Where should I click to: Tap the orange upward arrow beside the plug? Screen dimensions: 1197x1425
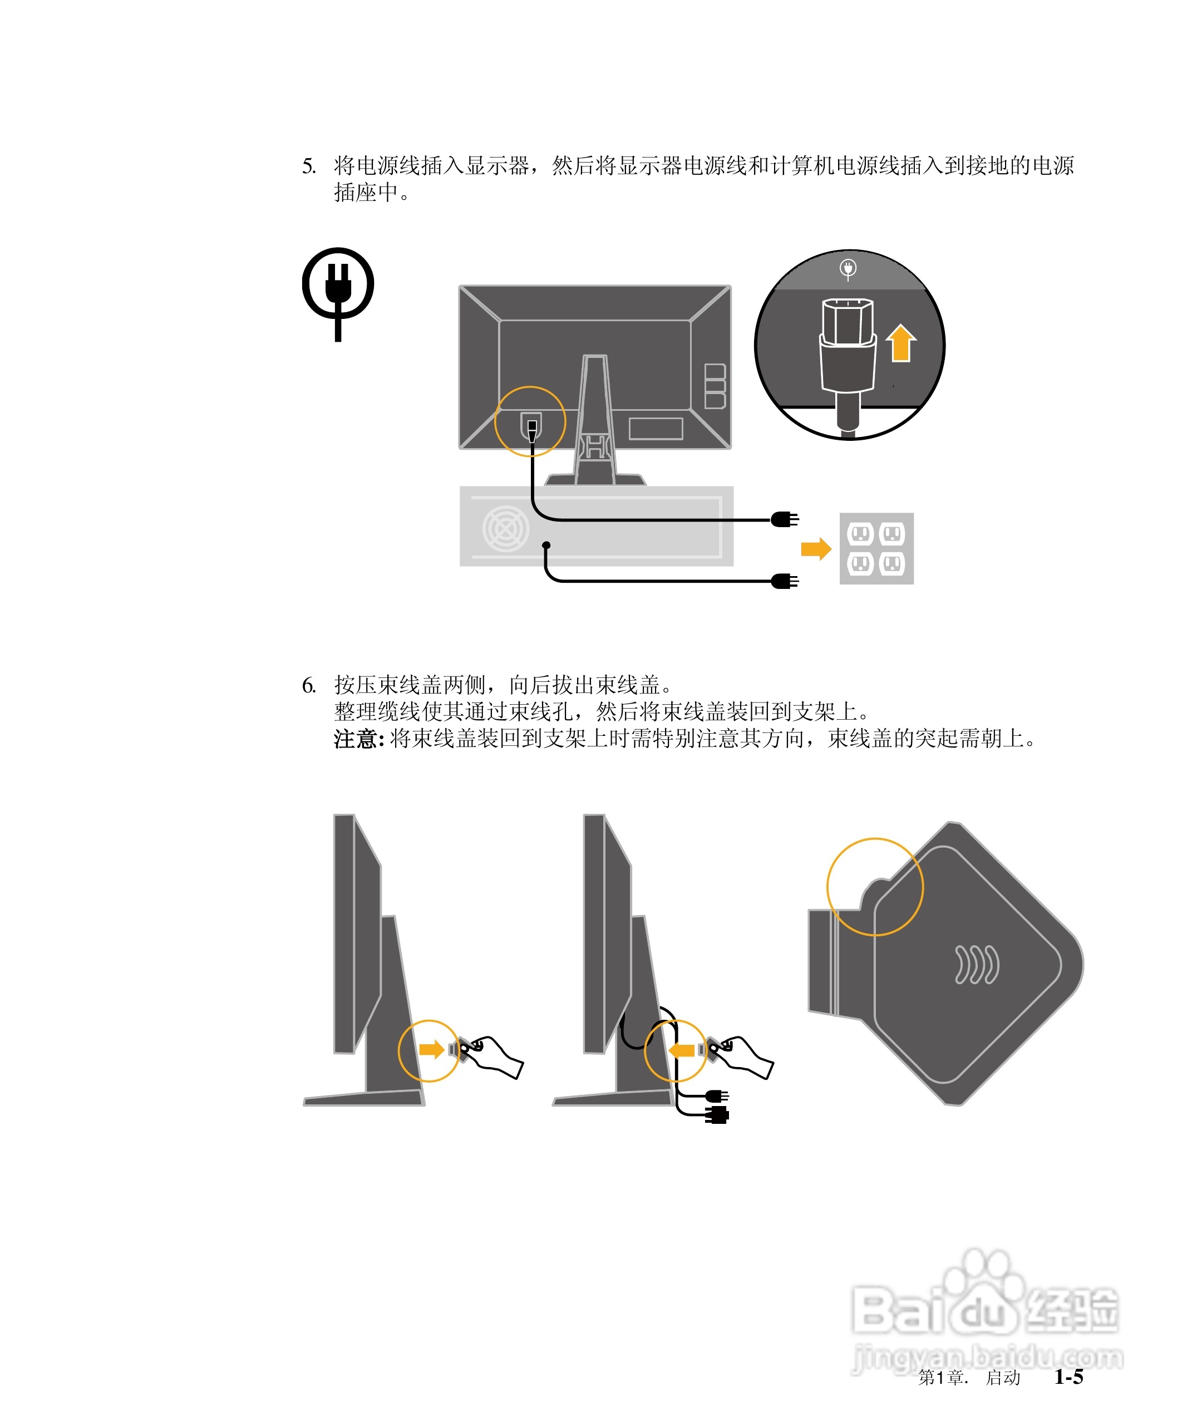click(900, 343)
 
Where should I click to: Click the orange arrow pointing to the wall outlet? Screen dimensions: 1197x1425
click(816, 548)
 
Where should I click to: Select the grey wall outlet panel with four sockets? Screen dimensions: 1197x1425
click(876, 548)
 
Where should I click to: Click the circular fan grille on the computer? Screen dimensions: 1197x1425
click(505, 529)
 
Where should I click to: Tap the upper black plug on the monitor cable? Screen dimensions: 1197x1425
click(785, 520)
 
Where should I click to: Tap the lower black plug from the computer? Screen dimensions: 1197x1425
click(785, 581)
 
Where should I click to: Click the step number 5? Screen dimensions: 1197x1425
click(309, 166)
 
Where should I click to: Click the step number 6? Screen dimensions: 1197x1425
click(309, 685)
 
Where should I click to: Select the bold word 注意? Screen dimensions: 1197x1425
click(359, 738)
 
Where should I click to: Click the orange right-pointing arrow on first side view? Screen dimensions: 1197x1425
click(432, 1050)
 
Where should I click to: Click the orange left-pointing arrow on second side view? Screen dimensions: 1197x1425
click(681, 1050)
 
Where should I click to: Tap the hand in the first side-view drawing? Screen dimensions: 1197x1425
click(494, 1056)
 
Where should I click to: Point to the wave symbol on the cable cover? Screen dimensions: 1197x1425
click(977, 964)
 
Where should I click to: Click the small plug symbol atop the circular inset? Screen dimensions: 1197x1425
click(848, 269)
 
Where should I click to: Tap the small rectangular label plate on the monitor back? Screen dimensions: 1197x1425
click(656, 429)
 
